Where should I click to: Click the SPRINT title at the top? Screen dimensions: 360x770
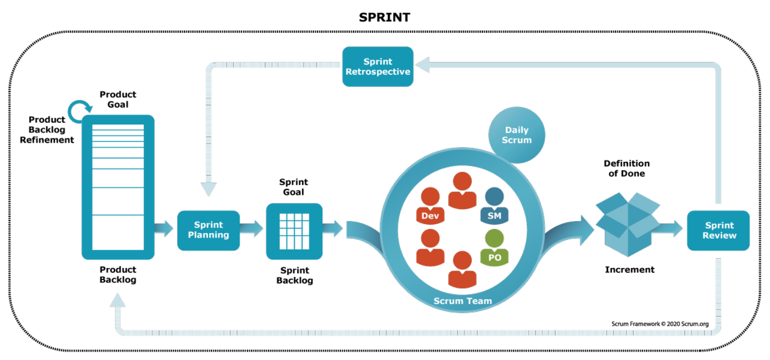384,17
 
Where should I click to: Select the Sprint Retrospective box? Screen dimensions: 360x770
378,67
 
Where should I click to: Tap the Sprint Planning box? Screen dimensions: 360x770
208,230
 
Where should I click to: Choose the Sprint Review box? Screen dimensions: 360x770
719,230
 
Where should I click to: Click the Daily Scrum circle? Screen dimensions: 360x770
516,135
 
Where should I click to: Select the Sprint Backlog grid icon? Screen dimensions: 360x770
294,231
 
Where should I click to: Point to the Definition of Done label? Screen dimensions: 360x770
627,169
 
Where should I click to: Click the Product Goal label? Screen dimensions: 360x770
118,99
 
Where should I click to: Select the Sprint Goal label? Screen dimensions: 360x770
294,187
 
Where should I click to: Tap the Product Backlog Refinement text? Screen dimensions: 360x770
47,130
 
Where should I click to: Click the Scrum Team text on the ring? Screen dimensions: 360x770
463,301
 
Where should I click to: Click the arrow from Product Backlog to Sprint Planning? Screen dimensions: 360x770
164,228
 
